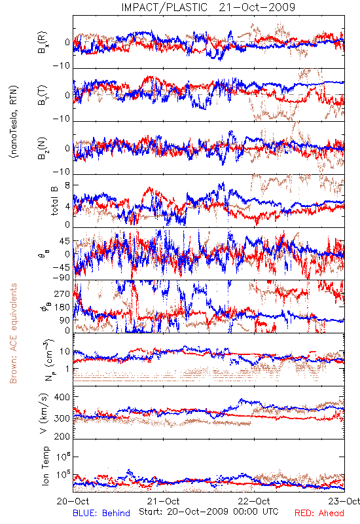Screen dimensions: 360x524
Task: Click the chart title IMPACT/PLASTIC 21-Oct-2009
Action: click(208, 7)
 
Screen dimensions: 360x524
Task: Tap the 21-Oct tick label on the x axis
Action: click(163, 501)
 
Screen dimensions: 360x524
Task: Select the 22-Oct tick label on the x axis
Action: click(254, 501)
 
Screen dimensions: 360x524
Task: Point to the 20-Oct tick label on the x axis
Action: click(73, 501)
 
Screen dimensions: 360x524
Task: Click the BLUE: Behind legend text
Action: click(101, 513)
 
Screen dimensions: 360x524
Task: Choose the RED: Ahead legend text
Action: click(319, 513)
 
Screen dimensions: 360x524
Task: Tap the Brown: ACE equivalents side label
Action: click(13, 333)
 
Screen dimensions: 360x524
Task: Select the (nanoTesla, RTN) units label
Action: click(14, 122)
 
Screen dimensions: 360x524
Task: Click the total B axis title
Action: click(54, 201)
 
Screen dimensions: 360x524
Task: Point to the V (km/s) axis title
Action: click(44, 413)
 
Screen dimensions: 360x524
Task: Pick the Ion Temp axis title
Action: click(45, 466)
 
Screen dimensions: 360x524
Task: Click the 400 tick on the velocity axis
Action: click(62, 397)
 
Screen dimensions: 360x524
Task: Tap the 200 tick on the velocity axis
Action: click(62, 436)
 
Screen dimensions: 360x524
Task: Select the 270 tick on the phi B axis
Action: click(62, 294)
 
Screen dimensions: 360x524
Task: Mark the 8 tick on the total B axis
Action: click(67, 185)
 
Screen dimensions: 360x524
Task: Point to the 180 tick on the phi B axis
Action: click(62, 307)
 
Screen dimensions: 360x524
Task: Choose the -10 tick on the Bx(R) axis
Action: click(62, 65)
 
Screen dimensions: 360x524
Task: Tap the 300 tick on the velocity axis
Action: click(62, 418)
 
